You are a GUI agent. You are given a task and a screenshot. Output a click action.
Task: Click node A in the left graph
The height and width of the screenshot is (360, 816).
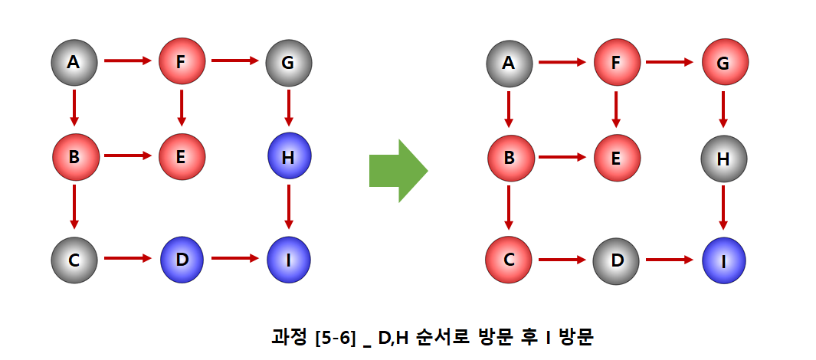pyautogui.click(x=74, y=62)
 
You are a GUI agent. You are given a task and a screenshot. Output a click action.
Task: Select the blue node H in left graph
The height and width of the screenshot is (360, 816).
pyautogui.click(x=289, y=157)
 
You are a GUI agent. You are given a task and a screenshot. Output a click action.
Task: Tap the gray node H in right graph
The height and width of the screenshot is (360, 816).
pyautogui.click(x=723, y=159)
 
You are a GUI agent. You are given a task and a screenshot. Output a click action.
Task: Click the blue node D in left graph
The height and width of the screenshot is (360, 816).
pyautogui.click(x=182, y=259)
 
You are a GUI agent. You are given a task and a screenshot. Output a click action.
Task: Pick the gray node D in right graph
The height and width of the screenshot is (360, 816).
pyautogui.click(x=616, y=260)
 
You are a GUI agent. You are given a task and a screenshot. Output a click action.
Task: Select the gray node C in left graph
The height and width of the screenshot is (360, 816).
pyautogui.click(x=74, y=259)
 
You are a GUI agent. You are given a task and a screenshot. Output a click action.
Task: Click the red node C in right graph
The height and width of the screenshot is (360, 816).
pyautogui.click(x=509, y=260)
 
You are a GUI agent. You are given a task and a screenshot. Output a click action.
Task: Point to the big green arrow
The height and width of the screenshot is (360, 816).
pyautogui.click(x=397, y=170)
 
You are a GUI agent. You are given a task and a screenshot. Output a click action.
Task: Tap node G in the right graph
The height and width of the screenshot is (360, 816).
pyautogui.click(x=723, y=63)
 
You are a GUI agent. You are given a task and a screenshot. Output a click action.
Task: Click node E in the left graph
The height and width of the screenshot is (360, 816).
pyautogui.click(x=182, y=157)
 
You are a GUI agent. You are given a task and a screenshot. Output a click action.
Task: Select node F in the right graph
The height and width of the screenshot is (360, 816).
pyautogui.click(x=616, y=63)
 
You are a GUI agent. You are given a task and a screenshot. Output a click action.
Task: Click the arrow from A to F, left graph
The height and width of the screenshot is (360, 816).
pyautogui.click(x=127, y=61)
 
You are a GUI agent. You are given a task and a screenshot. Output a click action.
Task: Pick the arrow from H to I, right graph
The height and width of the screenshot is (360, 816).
pyautogui.click(x=723, y=210)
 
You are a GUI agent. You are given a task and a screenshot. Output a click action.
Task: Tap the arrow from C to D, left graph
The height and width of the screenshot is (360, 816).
pyautogui.click(x=127, y=258)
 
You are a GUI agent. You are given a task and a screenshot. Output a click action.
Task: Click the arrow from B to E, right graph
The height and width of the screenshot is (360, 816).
pyautogui.click(x=562, y=159)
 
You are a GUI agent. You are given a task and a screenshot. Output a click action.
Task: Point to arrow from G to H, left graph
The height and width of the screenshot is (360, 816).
pyautogui.click(x=289, y=109)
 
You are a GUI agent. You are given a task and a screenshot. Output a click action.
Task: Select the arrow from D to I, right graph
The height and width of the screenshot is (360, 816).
pyautogui.click(x=669, y=260)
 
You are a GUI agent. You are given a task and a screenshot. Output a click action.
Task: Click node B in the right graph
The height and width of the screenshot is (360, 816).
pyautogui.click(x=509, y=159)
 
